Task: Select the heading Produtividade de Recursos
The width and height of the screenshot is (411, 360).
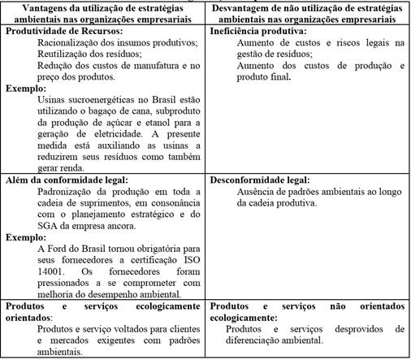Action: click(59, 30)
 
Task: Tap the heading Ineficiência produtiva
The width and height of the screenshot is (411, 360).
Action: click(253, 30)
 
